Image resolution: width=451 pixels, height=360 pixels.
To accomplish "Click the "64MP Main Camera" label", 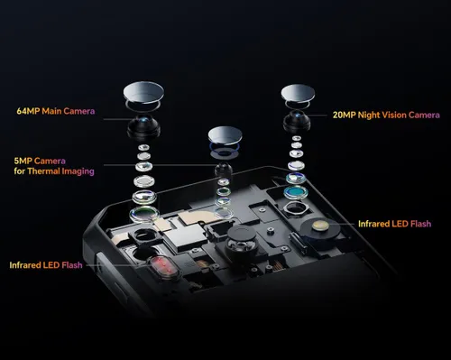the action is coord(56,111).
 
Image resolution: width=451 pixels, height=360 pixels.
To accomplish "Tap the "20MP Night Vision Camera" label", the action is coord(386,115).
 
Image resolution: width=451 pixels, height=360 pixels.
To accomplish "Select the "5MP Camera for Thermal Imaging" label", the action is coord(54,166).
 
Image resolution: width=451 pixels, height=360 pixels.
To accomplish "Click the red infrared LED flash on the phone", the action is coord(163,267).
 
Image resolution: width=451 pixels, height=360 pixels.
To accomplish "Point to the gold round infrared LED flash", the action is coord(319,226).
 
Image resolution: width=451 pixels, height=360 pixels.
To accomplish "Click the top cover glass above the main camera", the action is coord(143,92).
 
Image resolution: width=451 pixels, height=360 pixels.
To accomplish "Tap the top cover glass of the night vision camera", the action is coord(298,93).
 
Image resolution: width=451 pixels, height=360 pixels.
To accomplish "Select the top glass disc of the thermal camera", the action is coord(225,135).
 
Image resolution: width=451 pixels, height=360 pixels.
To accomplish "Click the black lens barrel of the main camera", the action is coord(143,126).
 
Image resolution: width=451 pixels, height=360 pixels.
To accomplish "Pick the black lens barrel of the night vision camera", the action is coord(297,121).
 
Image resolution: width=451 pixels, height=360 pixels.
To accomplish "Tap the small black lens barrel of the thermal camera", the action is coord(224,170).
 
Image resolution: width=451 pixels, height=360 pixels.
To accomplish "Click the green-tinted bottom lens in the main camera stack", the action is coord(144,214).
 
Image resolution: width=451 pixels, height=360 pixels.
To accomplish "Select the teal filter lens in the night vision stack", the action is coord(296,192).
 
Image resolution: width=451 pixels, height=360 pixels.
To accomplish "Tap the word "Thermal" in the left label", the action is coord(43,171).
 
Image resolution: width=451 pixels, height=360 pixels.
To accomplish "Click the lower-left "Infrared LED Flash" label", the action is coord(46,265).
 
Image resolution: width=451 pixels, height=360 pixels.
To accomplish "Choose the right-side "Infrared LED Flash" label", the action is coord(395,224).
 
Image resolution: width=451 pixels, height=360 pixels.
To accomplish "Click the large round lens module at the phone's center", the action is coord(242,238).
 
